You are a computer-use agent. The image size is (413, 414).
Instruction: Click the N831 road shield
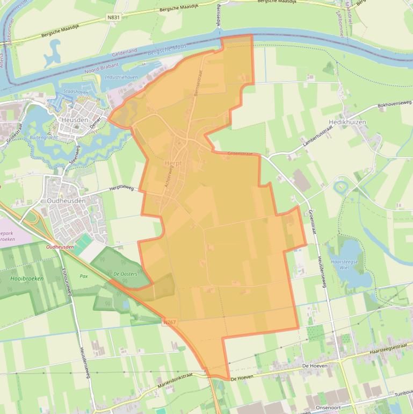tap(114, 17)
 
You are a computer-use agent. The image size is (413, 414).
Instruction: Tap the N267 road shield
tap(170, 322)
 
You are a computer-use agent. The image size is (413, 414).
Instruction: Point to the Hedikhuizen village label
tap(347, 123)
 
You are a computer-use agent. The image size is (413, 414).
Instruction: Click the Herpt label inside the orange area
tap(173, 163)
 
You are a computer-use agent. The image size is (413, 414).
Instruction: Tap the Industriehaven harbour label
tap(121, 77)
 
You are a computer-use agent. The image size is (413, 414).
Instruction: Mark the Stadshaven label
tap(75, 92)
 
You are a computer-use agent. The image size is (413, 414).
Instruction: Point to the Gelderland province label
tap(125, 53)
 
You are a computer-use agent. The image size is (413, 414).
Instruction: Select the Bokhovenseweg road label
tap(395, 104)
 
